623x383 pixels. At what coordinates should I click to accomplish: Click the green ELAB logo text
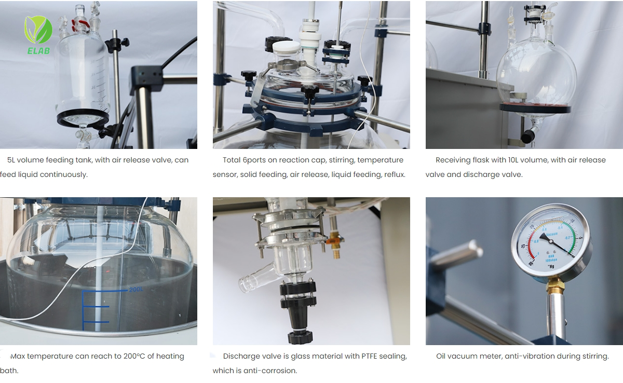(38, 50)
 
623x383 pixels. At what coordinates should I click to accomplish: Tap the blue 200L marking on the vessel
(136, 290)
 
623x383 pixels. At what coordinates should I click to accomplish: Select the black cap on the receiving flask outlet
(527, 136)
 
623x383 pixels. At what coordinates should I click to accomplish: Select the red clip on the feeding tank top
(80, 25)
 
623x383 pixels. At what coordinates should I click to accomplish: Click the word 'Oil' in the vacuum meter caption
(441, 356)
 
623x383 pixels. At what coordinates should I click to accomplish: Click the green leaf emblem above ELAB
(38, 30)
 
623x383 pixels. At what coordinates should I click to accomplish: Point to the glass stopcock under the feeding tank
(84, 135)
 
